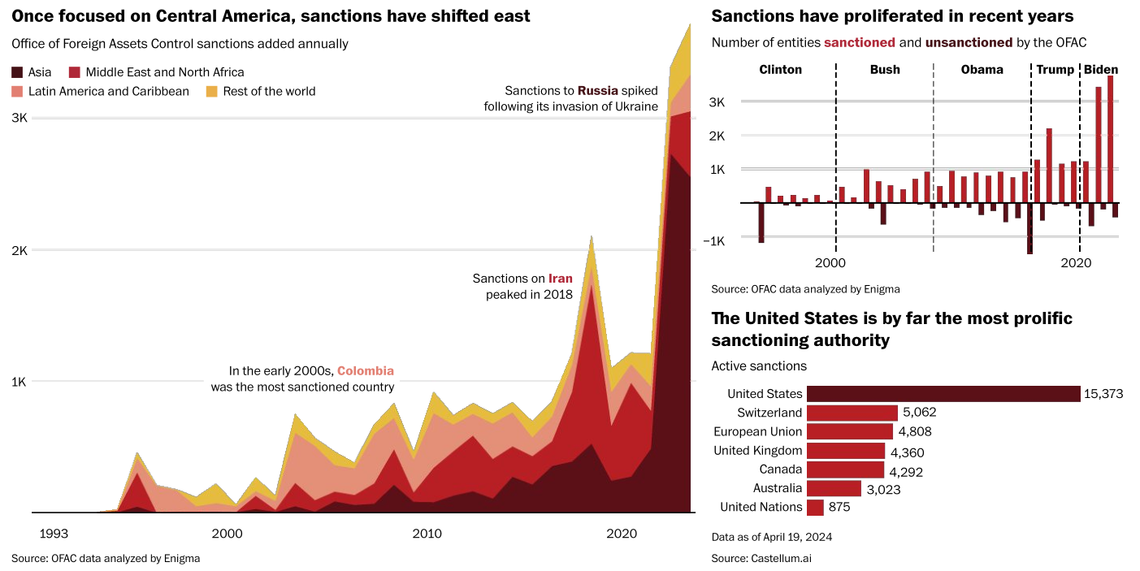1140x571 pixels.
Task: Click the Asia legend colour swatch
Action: point(17,72)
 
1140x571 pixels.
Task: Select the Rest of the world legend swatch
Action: point(212,92)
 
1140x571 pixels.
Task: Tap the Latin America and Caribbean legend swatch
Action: point(17,92)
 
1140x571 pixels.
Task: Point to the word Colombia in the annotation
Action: point(366,370)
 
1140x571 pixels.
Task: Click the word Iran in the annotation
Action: point(561,279)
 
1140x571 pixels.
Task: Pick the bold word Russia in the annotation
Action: point(597,91)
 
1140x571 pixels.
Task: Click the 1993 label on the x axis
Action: point(54,534)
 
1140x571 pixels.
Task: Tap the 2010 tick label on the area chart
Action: point(427,534)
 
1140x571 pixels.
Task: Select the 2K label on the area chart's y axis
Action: point(20,250)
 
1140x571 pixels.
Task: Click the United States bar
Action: point(943,394)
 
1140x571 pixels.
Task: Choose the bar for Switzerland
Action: point(852,413)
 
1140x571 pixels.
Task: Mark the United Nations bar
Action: point(815,508)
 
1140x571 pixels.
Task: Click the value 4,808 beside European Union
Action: point(915,431)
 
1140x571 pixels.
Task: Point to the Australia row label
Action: point(777,488)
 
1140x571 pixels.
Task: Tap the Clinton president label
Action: point(780,70)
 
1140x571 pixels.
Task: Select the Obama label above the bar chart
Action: point(982,70)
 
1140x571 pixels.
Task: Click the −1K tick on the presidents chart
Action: point(713,240)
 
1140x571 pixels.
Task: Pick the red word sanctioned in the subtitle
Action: point(860,42)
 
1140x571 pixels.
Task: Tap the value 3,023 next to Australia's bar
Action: point(883,490)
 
